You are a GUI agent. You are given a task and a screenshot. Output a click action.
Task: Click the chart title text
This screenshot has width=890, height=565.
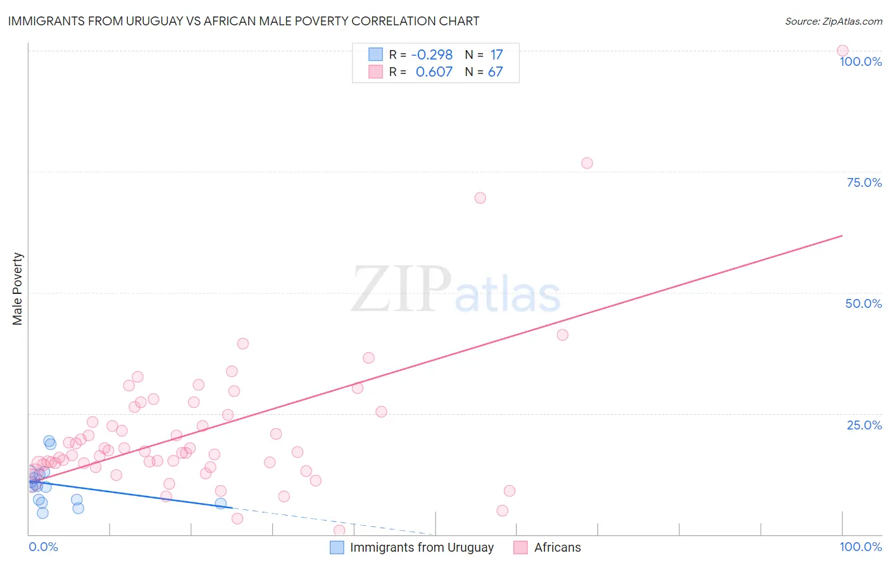[x=243, y=21]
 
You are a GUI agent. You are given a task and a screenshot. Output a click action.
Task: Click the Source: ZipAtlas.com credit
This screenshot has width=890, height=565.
[x=833, y=21]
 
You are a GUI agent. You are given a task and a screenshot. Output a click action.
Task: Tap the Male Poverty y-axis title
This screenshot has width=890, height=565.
[x=18, y=289]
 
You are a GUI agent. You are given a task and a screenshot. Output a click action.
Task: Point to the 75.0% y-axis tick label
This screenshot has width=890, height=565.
[x=864, y=182]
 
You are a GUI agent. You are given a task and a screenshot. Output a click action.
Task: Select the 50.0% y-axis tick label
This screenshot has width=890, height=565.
[x=863, y=303]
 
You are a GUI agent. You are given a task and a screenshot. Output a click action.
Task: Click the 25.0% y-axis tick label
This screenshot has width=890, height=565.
[x=864, y=425]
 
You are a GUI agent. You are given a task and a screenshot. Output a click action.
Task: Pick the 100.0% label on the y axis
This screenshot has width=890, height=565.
[x=860, y=61]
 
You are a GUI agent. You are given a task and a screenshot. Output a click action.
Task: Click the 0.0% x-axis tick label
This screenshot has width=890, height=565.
[x=43, y=547]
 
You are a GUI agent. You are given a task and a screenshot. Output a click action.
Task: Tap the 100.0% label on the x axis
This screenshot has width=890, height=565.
[x=860, y=547]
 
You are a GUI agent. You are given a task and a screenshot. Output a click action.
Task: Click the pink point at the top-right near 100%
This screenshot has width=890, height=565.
[x=842, y=51]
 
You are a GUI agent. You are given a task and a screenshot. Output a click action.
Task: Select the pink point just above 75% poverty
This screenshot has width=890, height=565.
[x=587, y=163]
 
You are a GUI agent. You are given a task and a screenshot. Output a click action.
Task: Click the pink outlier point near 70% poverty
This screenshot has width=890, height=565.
[x=480, y=198]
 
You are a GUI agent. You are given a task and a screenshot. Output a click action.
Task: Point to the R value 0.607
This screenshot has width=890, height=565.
[x=434, y=72]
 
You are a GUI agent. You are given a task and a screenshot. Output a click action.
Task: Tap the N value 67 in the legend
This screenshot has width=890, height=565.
[x=495, y=72]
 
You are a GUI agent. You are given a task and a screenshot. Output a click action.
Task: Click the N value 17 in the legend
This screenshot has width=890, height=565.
[x=496, y=55]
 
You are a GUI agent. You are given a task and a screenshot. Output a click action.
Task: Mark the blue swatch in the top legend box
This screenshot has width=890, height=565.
[x=375, y=54]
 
